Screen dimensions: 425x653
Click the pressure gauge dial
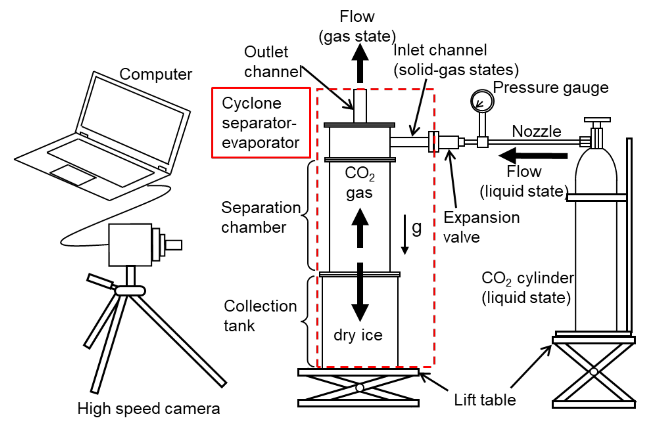482,101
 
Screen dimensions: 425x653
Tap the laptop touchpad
73,175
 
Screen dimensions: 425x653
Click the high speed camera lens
173,245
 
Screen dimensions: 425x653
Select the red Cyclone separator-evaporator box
261,123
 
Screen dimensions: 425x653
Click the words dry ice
358,335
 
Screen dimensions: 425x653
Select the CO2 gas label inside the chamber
359,183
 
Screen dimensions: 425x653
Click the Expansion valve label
481,227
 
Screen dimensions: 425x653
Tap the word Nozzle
536,131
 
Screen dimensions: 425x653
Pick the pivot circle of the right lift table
594,372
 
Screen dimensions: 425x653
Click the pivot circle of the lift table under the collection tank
360,388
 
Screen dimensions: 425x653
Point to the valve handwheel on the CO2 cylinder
597,120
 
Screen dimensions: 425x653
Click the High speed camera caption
149,408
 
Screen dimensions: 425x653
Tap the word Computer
156,74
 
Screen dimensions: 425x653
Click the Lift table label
485,400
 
